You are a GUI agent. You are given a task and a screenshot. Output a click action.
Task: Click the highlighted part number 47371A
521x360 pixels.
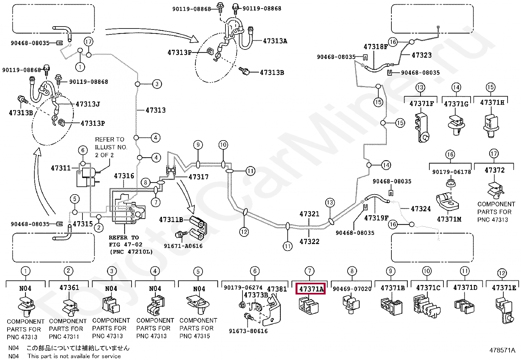tap(311, 289)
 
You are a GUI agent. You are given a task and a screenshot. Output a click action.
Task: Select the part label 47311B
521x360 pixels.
tap(171, 220)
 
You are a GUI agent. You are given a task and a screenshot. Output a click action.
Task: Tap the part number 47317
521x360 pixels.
tap(198, 177)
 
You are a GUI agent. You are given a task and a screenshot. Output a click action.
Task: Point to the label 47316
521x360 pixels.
tap(124, 176)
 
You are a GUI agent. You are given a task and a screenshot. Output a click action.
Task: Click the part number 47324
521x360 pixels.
tap(421, 209)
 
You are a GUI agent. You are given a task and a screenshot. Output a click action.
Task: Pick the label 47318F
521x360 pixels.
tap(375, 47)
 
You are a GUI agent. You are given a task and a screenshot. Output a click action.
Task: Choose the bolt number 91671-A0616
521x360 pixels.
tap(183, 246)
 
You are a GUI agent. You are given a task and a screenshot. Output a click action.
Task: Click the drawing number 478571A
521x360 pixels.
tap(502, 350)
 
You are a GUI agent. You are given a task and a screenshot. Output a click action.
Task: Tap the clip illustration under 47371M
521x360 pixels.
tap(447, 201)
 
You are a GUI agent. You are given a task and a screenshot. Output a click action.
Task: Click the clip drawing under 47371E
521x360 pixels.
tap(504, 310)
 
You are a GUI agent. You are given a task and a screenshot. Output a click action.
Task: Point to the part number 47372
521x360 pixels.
tap(494, 170)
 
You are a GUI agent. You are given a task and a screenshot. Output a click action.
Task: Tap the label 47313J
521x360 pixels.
tap(88, 104)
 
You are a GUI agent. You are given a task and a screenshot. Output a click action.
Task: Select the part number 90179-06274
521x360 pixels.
tap(243, 288)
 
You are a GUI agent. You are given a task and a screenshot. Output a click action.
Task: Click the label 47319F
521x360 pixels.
tap(376, 218)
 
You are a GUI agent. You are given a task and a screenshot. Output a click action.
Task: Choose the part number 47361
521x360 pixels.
tap(69, 288)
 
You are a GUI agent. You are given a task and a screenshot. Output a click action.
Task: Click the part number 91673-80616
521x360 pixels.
tap(248, 331)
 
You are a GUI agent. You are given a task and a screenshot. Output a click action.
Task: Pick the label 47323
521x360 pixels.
tap(422, 55)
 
